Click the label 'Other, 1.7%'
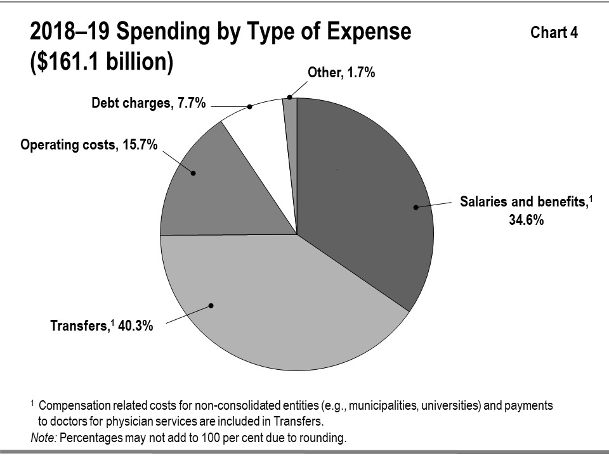point(341,73)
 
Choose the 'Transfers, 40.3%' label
point(101,327)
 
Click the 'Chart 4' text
point(554,33)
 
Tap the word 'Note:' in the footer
point(43,438)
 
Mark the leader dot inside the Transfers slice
point(211,305)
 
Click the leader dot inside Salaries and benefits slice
point(416,207)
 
